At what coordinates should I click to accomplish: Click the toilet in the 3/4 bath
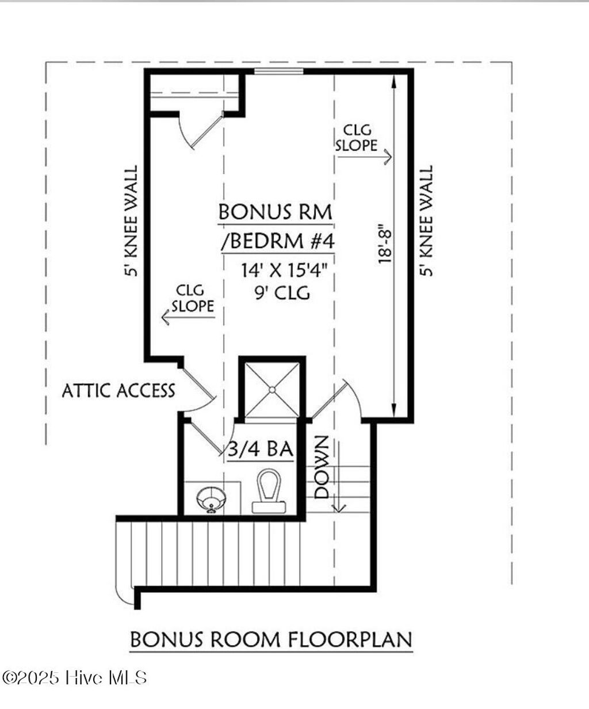coord(269,491)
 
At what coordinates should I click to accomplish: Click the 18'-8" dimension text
coord(385,244)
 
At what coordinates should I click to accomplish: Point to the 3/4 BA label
coord(261,449)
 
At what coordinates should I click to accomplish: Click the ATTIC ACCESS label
coord(118,391)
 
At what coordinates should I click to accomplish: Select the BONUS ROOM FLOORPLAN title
coord(271,639)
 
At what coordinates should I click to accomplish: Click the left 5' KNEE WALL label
coord(132,222)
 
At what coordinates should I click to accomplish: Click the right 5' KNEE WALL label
coord(426,222)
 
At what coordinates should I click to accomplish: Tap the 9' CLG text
coord(282,293)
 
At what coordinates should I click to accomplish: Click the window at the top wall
coord(279,71)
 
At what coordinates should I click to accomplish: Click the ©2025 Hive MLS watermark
coord(75,677)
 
